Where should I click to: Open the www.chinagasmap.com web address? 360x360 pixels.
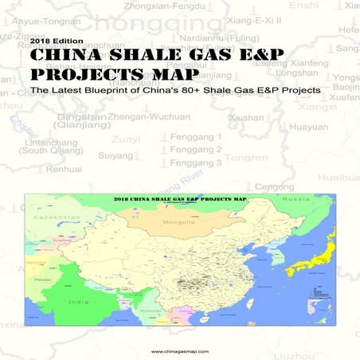click(x=179, y=350)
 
